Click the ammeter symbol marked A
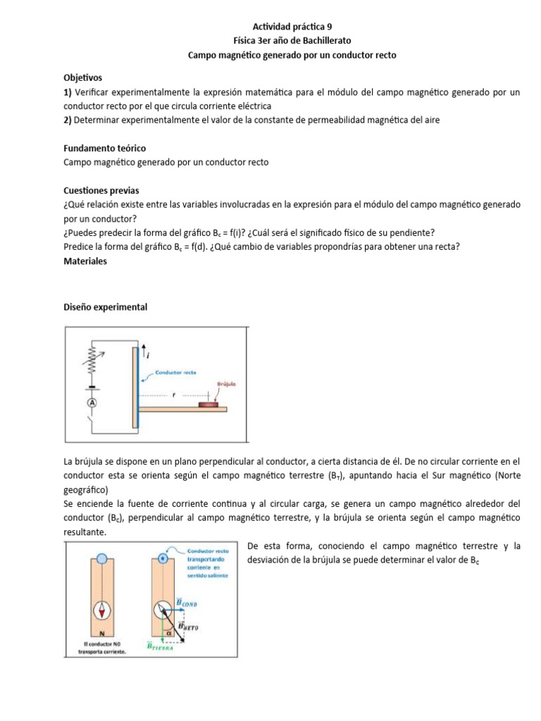click(91, 403)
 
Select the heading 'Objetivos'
click(83, 77)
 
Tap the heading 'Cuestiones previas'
click(101, 190)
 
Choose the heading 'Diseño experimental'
click(105, 307)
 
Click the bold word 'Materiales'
click(85, 261)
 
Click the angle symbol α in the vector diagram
click(170, 632)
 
